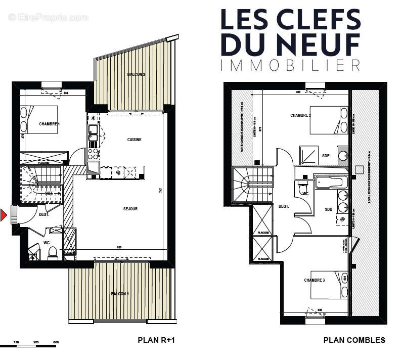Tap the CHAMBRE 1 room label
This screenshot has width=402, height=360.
coord(50,124)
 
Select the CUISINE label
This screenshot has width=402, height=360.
coord(134,140)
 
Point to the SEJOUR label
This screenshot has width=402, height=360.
coord(130,209)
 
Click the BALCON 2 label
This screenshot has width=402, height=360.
coord(137,75)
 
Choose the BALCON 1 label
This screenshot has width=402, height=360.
coord(120,294)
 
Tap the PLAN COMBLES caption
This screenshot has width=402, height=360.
coord(354,340)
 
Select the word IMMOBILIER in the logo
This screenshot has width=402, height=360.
coord(290,65)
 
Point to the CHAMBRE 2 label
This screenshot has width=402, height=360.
coord(301,115)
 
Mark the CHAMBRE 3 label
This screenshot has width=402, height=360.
coord(315,280)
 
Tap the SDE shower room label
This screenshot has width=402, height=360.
coord(326,156)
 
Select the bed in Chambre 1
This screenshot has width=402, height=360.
coord(39,120)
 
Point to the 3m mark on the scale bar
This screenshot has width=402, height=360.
coord(55,342)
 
